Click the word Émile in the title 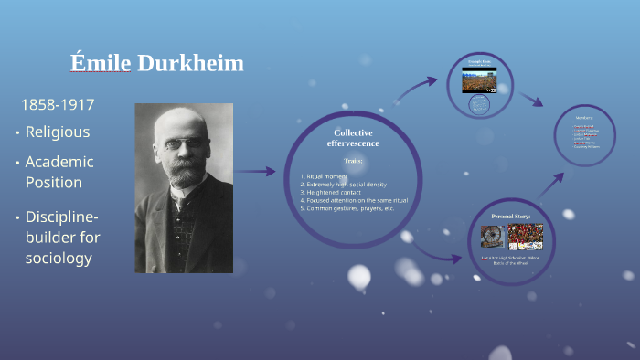tap(101, 63)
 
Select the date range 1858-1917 tap(57, 104)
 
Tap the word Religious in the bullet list tap(57, 132)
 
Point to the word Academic tap(59, 162)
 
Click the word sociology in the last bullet tap(59, 258)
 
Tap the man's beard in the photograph tap(183, 173)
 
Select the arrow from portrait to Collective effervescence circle tap(255, 171)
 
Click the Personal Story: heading tap(512, 217)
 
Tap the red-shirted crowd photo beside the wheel tap(526, 238)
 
